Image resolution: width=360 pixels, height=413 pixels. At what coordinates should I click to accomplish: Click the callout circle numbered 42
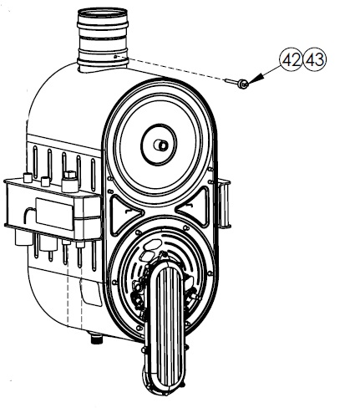coord(291,60)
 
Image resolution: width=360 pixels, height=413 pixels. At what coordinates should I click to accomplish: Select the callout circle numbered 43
coord(315,60)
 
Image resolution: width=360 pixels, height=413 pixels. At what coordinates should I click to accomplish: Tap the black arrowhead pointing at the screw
coord(256,79)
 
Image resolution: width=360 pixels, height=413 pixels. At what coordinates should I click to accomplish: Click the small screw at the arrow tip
coord(237,83)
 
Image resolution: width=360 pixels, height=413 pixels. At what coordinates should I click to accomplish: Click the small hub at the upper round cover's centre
coord(161,145)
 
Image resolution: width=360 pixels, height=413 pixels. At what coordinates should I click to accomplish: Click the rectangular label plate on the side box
coord(54,214)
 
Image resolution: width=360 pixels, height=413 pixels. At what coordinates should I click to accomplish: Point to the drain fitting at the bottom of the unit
coord(96,338)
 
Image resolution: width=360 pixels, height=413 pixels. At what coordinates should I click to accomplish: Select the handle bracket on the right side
coord(225,203)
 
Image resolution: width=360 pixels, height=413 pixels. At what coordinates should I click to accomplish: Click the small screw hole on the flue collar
coord(115,57)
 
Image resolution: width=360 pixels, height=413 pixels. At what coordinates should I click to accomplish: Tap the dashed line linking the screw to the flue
coord(170,69)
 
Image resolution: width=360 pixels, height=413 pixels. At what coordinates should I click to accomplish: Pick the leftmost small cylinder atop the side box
coord(28,177)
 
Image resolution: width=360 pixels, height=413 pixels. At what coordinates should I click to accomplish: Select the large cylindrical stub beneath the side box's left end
coord(24,237)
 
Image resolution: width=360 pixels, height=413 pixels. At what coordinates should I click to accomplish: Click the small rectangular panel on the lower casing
coord(91,293)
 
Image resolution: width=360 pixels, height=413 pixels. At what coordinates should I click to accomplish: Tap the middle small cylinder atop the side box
coord(45,181)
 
